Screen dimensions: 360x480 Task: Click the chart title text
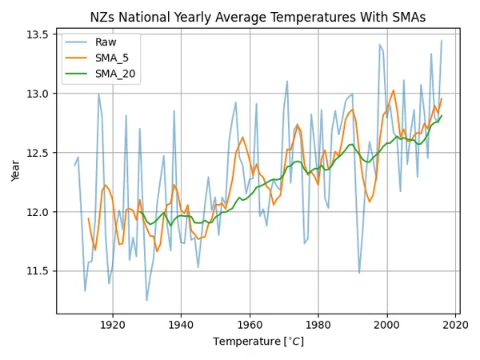[257, 18]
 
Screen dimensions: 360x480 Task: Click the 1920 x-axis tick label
[113, 326]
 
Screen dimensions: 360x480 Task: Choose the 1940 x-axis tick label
[182, 326]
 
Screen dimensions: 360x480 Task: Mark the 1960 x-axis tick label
[250, 326]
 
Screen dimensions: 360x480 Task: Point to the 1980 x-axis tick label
[319, 326]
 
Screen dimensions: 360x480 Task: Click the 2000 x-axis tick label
[388, 326]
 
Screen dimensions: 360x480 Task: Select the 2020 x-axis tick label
[456, 326]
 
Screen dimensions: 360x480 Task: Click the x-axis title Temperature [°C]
[257, 342]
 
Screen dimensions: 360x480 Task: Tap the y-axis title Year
[17, 170]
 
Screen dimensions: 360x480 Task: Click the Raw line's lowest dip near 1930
[147, 301]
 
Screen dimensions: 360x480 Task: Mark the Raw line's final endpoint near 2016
[442, 41]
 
